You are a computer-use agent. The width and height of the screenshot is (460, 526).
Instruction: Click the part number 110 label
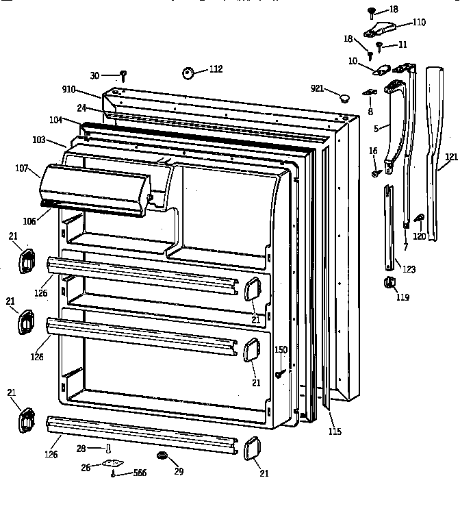point(418,23)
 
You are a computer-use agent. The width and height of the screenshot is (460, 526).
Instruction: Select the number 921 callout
point(317,88)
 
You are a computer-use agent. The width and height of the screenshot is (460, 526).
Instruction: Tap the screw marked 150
point(281,374)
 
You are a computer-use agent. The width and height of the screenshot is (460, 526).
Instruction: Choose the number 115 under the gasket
point(335,431)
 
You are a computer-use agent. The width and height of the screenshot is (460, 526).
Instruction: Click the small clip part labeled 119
point(388,282)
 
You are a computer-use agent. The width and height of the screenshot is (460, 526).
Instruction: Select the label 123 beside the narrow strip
point(409,269)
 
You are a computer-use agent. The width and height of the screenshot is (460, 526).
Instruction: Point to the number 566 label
point(140,473)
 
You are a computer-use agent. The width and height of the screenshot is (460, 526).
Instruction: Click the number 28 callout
point(81,448)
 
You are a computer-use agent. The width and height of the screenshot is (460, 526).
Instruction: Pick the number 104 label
point(56,120)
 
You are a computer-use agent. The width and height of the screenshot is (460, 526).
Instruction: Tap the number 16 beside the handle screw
point(373,150)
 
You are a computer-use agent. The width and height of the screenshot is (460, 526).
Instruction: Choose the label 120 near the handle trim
point(419,236)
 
